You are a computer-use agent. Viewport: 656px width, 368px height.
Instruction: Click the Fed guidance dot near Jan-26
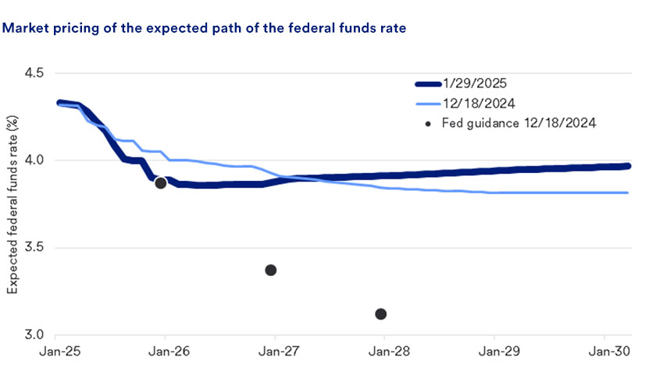(161, 183)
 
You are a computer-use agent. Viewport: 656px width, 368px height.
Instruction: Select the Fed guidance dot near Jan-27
(271, 270)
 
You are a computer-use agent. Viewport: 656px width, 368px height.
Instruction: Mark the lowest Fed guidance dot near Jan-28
(381, 314)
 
